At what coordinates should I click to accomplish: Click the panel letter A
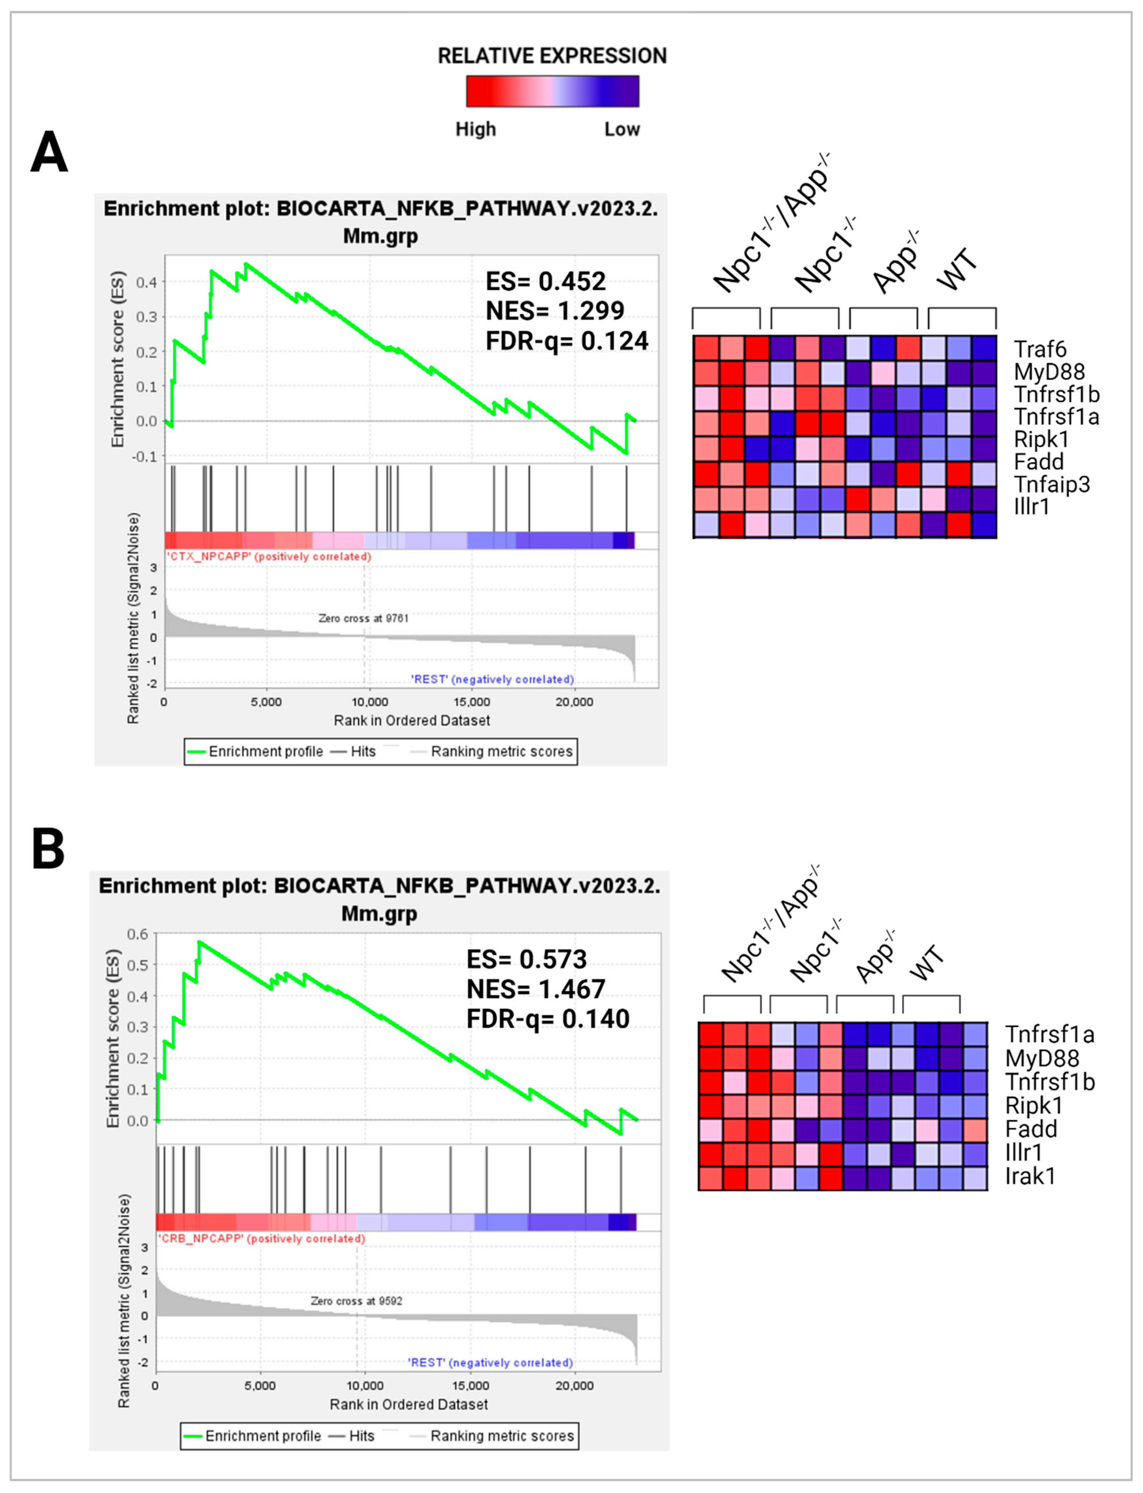point(49,152)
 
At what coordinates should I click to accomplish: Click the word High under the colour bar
point(475,129)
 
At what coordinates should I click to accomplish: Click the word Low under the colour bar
point(622,129)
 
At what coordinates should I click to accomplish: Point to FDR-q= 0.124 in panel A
point(567,340)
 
